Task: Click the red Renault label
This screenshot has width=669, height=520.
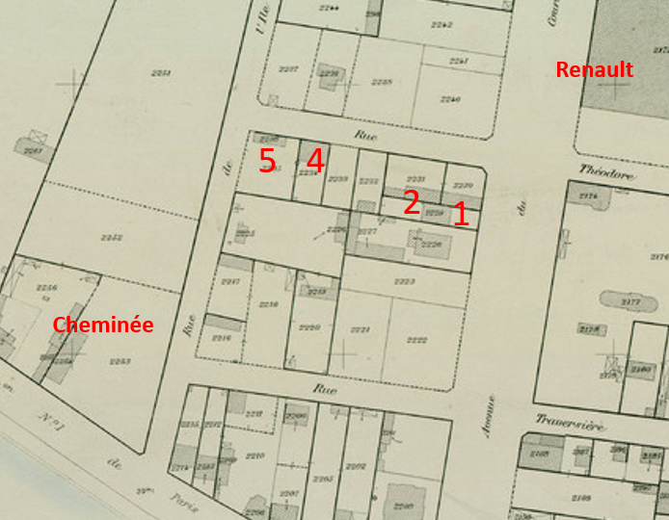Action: point(594,69)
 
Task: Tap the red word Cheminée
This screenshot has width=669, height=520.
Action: point(103,325)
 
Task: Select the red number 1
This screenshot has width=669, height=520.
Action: point(461,214)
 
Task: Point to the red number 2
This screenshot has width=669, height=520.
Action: point(411,202)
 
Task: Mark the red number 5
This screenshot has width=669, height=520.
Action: point(267,160)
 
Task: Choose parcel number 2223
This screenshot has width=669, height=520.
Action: point(404,281)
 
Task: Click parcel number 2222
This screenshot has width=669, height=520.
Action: point(417,340)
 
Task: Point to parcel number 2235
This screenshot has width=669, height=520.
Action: point(383,82)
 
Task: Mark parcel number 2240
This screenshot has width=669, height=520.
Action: point(450,99)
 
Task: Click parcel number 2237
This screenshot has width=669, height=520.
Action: point(288,67)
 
